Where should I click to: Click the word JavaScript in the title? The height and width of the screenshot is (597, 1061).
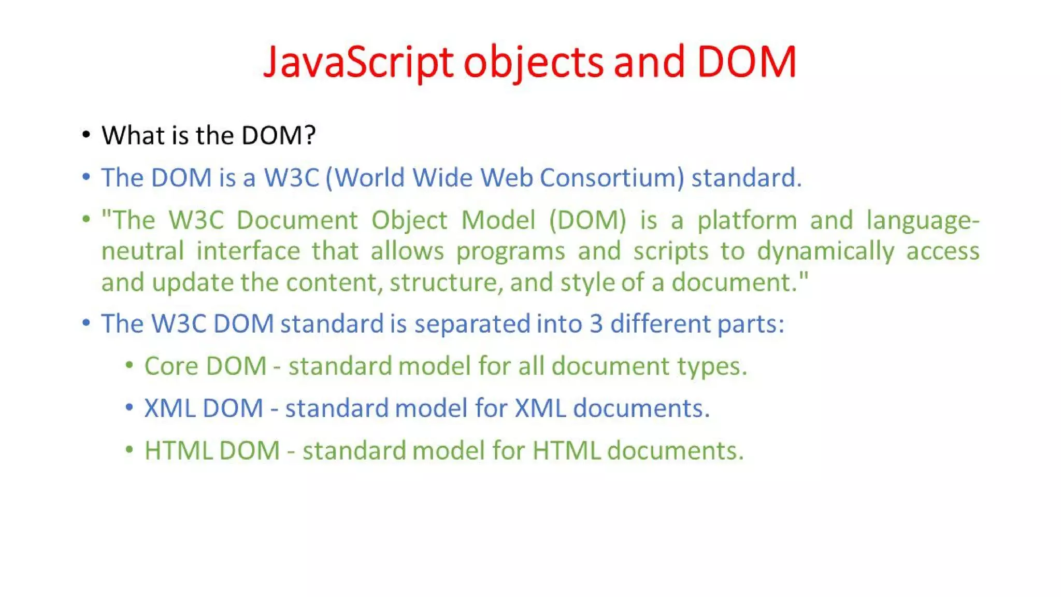[x=358, y=62]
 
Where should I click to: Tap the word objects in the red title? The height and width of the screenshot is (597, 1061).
[x=533, y=62]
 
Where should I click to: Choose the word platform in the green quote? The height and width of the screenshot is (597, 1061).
[x=747, y=220]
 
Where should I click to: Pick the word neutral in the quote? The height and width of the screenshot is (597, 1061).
[x=142, y=251]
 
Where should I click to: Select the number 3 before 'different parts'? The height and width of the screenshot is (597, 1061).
[x=596, y=324]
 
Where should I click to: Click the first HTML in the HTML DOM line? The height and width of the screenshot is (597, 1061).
[x=178, y=450]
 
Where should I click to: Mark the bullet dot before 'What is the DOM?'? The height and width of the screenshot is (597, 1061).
[x=87, y=135]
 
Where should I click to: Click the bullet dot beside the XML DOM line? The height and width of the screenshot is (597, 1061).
[x=130, y=407]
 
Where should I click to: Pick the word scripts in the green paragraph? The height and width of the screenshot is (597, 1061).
[x=670, y=251]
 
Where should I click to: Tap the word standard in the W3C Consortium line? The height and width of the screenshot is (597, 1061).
[x=746, y=178]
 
